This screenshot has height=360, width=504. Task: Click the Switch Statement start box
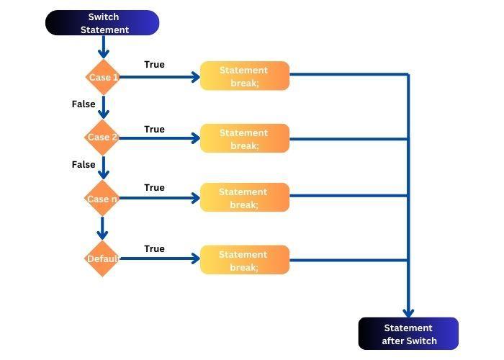click(x=102, y=23)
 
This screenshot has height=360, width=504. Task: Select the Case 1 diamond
click(x=102, y=77)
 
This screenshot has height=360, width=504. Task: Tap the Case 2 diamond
click(x=102, y=138)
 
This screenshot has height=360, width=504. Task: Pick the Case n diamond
click(x=102, y=199)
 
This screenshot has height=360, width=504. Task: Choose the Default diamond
click(x=102, y=258)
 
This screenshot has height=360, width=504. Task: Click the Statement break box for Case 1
click(x=244, y=76)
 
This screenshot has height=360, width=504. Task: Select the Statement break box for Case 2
click(x=244, y=138)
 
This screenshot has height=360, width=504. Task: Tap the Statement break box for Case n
click(x=244, y=198)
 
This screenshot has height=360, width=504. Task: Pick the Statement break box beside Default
click(x=244, y=260)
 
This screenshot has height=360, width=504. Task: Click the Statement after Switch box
click(x=408, y=334)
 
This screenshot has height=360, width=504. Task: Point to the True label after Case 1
click(x=154, y=65)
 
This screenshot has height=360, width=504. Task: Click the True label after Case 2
click(x=154, y=130)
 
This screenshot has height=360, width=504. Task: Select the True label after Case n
click(x=154, y=188)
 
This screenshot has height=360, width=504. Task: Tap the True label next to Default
click(x=154, y=249)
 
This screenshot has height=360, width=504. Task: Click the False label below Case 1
click(x=84, y=104)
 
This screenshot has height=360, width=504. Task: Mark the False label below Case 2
click(x=84, y=165)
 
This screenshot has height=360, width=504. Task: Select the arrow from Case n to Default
click(x=102, y=229)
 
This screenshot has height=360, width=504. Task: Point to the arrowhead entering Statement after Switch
click(x=408, y=312)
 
